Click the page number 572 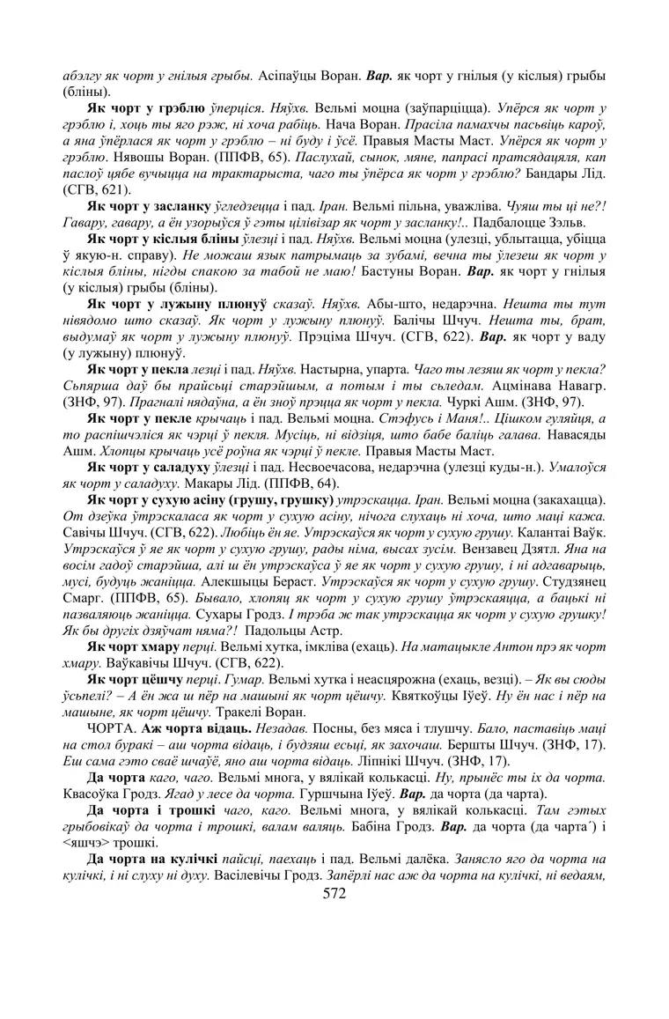click(x=334, y=894)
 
